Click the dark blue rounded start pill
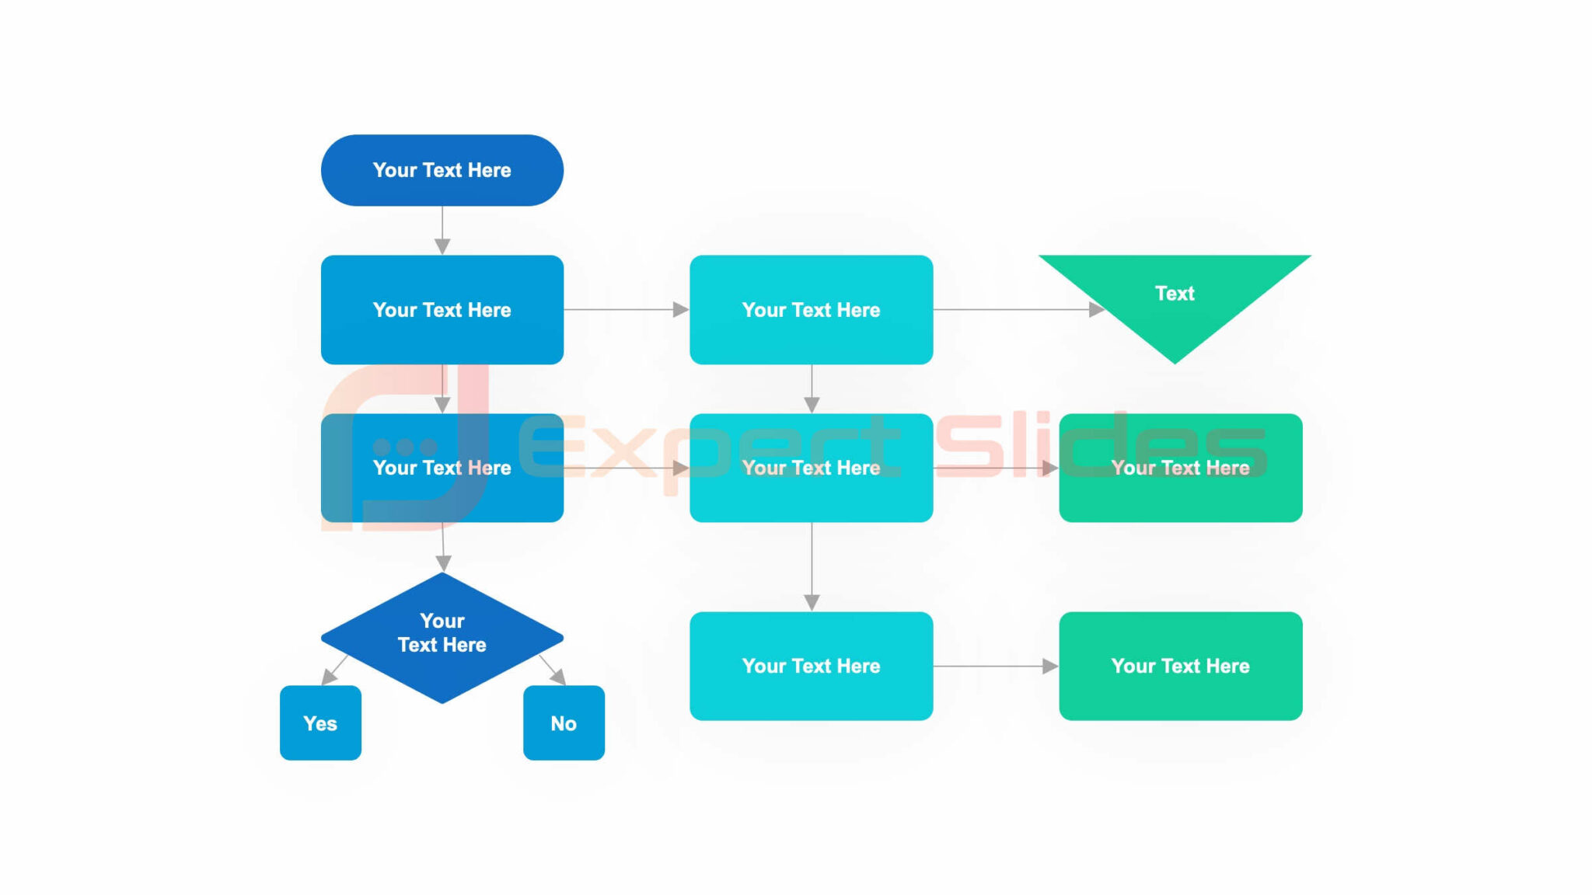click(442, 170)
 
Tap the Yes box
click(320, 723)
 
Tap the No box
click(564, 723)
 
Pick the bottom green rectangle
click(1180, 666)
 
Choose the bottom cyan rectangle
click(811, 666)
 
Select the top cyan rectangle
click(811, 309)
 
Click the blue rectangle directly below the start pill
click(442, 309)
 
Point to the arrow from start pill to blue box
click(442, 231)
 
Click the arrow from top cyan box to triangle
click(1018, 309)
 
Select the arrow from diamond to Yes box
click(334, 670)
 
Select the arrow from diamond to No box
click(552, 670)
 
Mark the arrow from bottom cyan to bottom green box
click(995, 666)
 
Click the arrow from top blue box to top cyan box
click(626, 309)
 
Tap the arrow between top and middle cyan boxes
click(812, 388)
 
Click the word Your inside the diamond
click(442, 621)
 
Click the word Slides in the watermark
click(1100, 447)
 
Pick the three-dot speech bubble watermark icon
click(404, 447)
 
